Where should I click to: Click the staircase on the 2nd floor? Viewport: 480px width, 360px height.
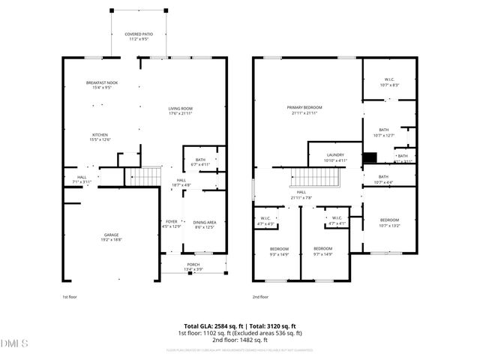(316, 178)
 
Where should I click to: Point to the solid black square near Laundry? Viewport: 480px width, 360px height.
(369, 157)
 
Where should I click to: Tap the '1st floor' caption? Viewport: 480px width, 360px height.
(70, 297)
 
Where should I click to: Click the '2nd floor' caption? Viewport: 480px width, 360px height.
(260, 297)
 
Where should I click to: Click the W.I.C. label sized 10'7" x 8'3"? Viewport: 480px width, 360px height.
(389, 82)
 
